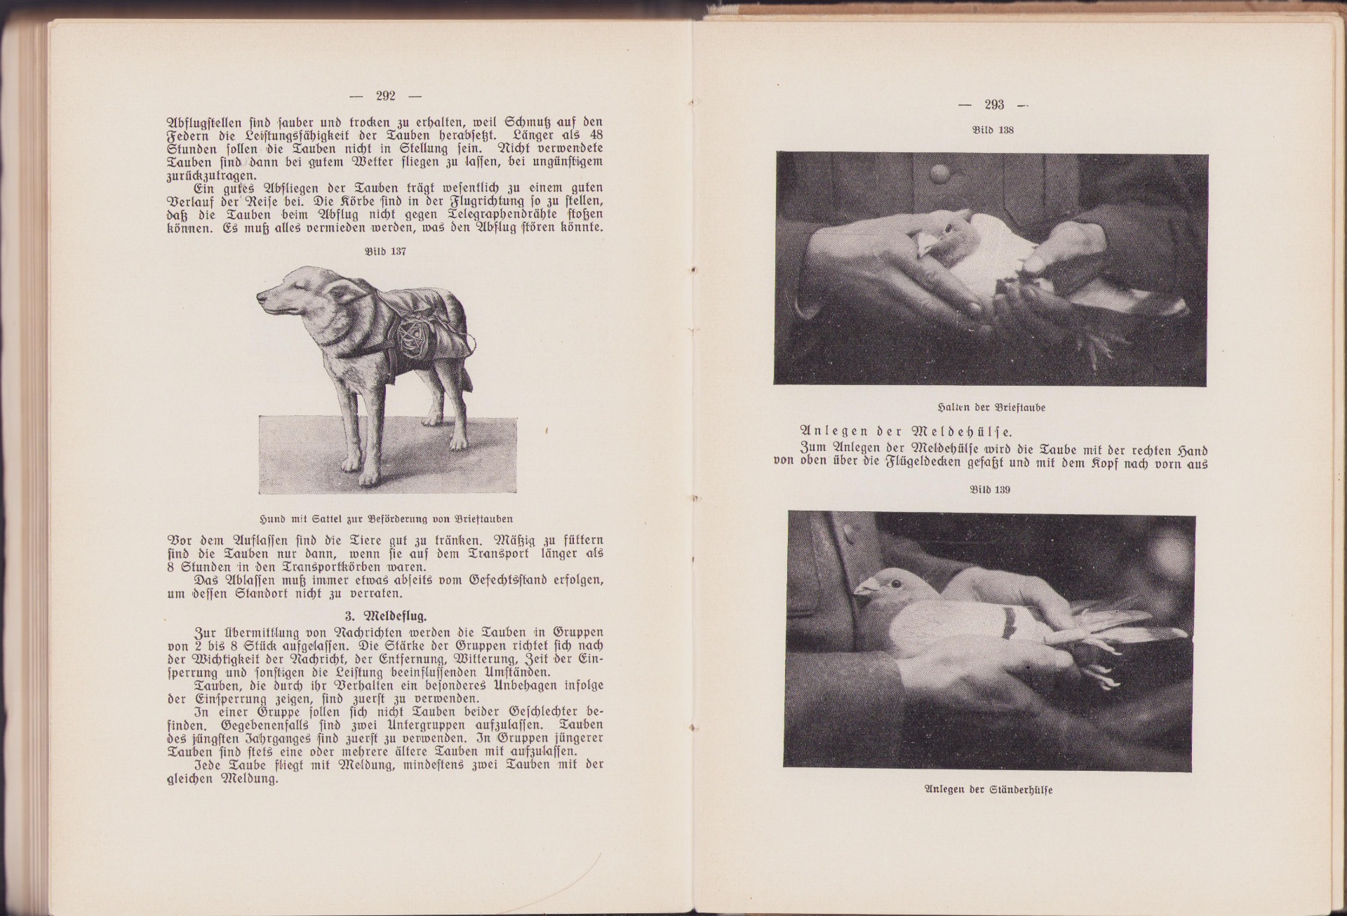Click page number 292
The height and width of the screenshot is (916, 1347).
[x=386, y=96]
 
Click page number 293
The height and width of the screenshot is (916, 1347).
[x=994, y=105]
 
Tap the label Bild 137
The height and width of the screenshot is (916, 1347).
[x=386, y=252]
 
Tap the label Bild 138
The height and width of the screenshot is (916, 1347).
[x=993, y=130]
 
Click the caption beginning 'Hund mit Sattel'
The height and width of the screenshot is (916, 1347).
[x=385, y=520]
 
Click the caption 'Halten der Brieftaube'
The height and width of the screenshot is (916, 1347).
[x=991, y=408]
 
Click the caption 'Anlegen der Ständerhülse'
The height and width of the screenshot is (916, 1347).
[x=989, y=790]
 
